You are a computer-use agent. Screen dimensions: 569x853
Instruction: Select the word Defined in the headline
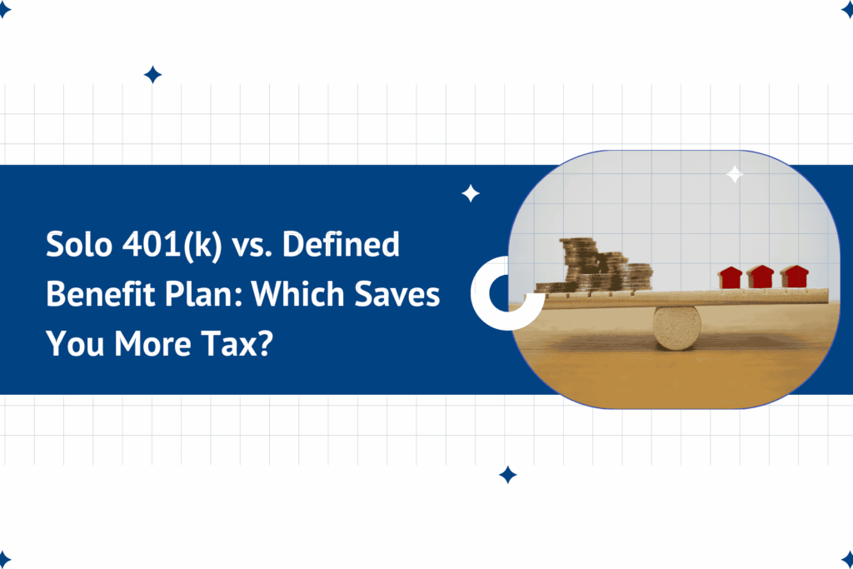tap(349, 247)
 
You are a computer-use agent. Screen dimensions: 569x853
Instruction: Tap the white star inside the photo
tap(735, 174)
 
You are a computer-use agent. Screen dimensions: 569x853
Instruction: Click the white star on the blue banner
tap(471, 194)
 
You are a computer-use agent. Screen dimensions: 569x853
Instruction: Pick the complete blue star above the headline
tap(152, 75)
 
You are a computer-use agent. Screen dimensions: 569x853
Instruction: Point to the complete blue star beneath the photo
tap(507, 475)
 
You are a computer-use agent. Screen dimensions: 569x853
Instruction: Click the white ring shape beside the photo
tap(494, 290)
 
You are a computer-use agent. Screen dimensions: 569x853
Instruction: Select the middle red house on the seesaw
tap(760, 277)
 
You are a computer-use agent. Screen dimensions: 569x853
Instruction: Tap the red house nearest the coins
tap(731, 277)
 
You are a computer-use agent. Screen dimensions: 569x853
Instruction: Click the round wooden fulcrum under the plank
tap(676, 327)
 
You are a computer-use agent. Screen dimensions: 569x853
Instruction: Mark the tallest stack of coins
tap(577, 262)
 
